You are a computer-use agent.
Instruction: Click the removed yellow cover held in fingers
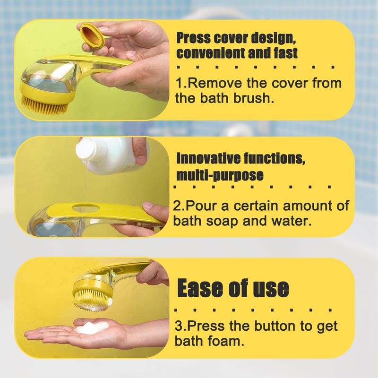[93, 35]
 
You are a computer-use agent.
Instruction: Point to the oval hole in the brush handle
[82, 207]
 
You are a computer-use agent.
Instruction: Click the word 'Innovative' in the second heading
[208, 158]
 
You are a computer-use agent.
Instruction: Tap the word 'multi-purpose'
[220, 175]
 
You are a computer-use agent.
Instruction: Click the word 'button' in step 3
[275, 326]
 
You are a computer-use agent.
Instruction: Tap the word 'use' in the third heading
[271, 289]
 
